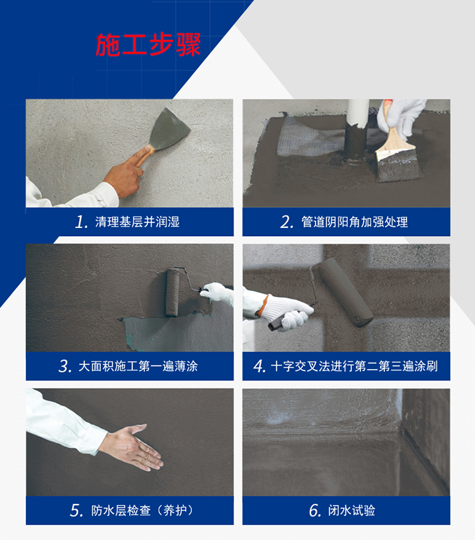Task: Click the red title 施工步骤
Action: click(x=148, y=45)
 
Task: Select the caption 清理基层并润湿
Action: click(x=137, y=222)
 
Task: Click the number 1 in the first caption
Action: click(x=82, y=222)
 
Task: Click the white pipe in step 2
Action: click(x=358, y=113)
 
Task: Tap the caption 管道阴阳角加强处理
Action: click(x=355, y=222)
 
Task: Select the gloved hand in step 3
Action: click(x=218, y=293)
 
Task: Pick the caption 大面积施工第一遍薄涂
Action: click(x=138, y=366)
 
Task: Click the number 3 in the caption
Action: click(x=65, y=367)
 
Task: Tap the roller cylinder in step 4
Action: click(x=345, y=292)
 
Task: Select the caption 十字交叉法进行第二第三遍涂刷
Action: click(x=354, y=366)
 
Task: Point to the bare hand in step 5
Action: click(x=132, y=448)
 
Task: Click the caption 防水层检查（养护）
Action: click(x=142, y=510)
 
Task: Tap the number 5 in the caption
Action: click(x=77, y=511)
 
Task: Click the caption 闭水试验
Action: click(x=351, y=510)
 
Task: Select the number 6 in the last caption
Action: click(x=315, y=511)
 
